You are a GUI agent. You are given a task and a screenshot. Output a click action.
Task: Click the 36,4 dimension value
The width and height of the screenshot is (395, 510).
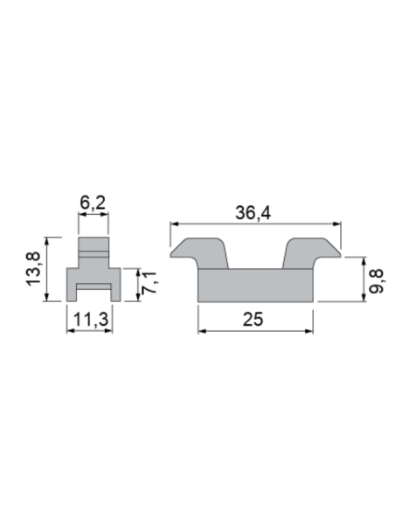[x=253, y=212]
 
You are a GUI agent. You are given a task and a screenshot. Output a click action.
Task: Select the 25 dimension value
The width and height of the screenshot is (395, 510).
[x=253, y=320]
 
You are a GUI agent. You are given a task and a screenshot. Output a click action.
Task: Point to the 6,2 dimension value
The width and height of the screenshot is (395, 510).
[x=94, y=203]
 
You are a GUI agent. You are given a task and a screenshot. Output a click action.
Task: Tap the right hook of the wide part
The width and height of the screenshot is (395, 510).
[x=308, y=252]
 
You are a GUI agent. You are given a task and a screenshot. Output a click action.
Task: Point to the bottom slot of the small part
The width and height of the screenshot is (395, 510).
[x=94, y=292]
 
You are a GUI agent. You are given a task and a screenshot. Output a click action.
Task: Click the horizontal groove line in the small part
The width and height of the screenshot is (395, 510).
[x=94, y=252]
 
